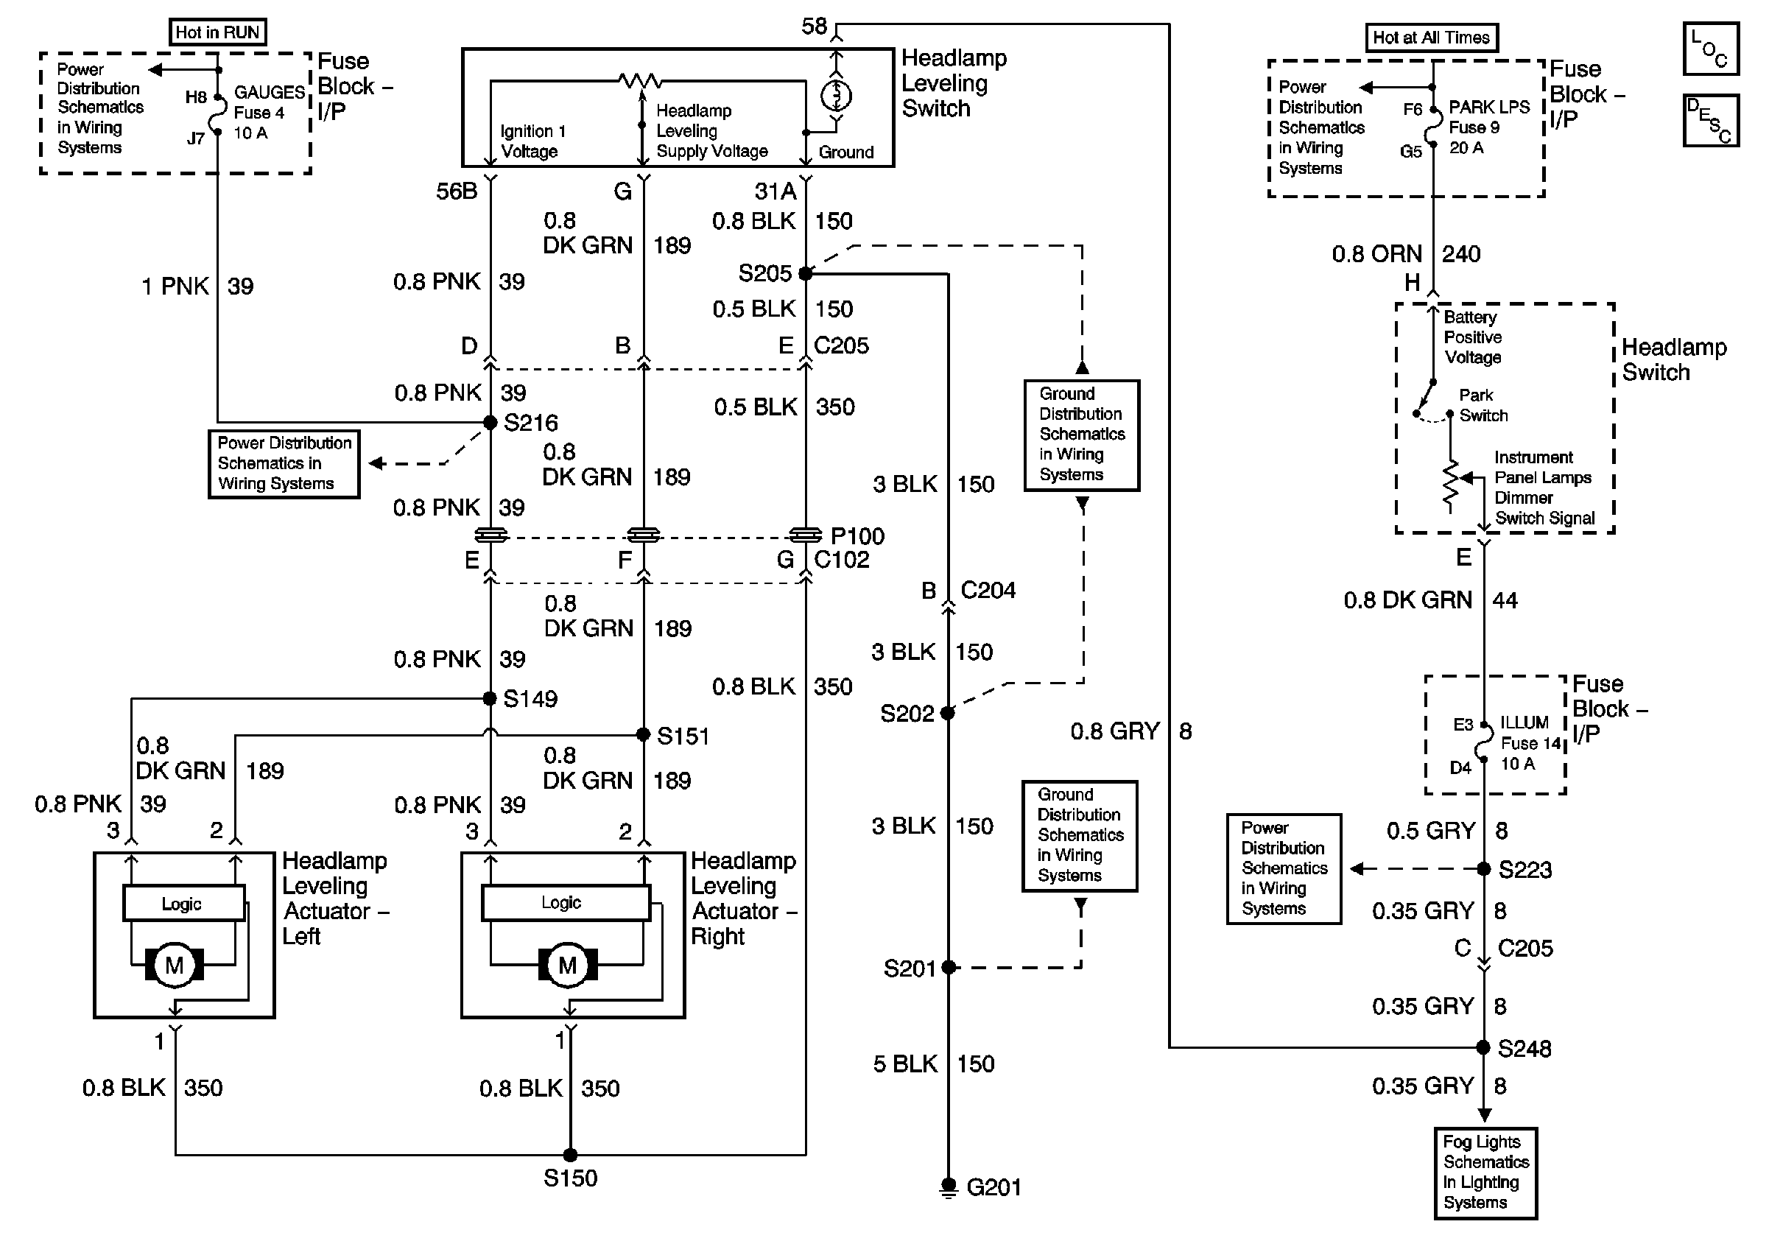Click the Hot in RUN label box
217,32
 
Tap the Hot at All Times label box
1431,38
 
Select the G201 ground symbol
949,1187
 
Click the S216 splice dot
490,422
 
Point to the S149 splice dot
489,699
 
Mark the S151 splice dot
644,735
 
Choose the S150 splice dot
570,1155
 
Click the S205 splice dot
805,273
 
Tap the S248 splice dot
1483,1047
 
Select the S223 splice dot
1483,869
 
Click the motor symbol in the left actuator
174,965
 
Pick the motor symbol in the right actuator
568,965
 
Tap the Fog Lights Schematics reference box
1485,1173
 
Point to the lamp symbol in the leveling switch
836,96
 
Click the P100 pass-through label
857,535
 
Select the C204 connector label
988,590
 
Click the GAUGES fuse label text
269,93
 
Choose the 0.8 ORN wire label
1376,254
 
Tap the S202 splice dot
948,714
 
